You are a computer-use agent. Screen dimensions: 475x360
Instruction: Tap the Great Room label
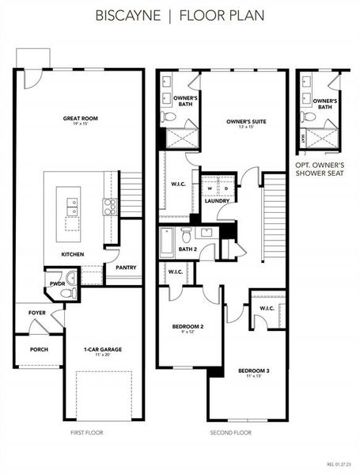click(x=80, y=120)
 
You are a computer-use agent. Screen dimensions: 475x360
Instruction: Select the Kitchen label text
click(x=74, y=254)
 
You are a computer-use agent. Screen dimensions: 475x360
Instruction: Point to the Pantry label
click(x=126, y=268)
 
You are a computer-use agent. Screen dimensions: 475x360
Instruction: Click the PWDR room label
click(x=56, y=283)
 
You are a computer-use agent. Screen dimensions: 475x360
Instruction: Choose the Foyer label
click(x=37, y=313)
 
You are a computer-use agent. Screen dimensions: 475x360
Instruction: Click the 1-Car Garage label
click(x=103, y=349)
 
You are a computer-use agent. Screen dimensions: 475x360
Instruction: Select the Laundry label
click(x=217, y=200)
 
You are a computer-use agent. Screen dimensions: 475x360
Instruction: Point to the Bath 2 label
click(x=188, y=249)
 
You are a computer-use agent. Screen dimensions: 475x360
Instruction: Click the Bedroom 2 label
click(x=188, y=326)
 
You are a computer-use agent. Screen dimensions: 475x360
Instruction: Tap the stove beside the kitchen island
click(x=110, y=207)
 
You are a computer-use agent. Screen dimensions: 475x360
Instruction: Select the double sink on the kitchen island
click(x=73, y=207)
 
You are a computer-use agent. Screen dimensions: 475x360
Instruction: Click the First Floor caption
click(x=86, y=433)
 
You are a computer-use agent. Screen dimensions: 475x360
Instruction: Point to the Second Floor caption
click(x=230, y=433)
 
